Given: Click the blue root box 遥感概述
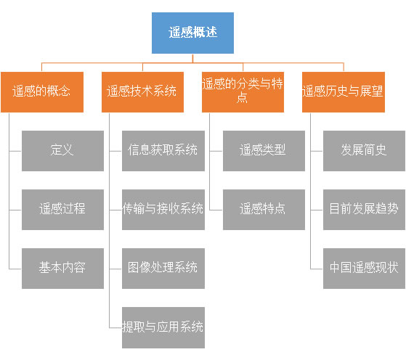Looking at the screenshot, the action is point(192,33).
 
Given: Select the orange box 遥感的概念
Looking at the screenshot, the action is point(42,92).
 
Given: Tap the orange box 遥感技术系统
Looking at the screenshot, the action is point(142,92).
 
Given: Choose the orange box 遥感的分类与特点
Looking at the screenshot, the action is point(243,92).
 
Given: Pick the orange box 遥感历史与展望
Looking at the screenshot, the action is point(344,92).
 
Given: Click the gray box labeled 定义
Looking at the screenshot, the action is point(62,151).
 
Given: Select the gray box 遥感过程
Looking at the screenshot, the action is point(62,210).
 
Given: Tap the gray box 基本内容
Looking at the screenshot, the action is point(62,269).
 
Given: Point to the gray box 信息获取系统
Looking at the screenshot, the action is point(163,151).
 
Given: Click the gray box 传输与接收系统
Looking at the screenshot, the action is point(163,210).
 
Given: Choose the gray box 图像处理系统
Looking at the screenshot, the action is point(163,269).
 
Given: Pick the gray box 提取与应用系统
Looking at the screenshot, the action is point(163,327).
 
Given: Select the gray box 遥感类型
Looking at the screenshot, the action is point(264,151).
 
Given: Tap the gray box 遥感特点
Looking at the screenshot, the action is point(264,210).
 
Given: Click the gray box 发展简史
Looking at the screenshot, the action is point(364,151).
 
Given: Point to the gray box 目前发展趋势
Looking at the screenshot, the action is point(364,210).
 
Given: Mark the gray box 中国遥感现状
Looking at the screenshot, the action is point(364,269).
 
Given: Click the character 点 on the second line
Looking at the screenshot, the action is point(243,97).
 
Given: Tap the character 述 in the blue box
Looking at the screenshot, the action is point(211,32).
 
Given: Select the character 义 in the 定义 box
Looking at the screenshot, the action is point(68,150).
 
